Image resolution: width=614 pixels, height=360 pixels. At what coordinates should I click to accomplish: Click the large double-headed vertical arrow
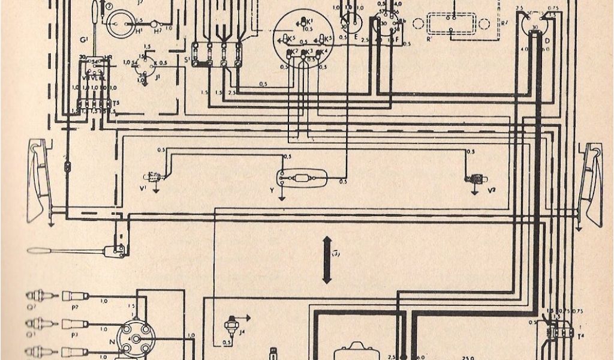click(x=327, y=259)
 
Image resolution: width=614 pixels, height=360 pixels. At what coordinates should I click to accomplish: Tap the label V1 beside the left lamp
click(x=143, y=189)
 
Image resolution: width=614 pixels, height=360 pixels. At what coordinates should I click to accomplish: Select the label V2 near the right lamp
click(x=492, y=190)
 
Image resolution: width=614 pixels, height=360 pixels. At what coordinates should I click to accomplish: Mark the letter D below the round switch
click(x=546, y=40)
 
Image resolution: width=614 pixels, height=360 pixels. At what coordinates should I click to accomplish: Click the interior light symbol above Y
click(x=300, y=178)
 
